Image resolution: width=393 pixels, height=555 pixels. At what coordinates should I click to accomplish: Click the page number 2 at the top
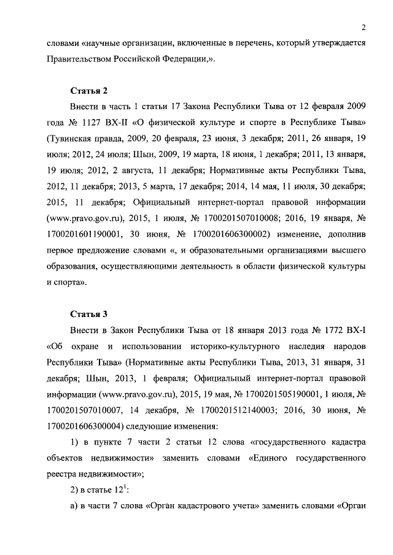[364, 26]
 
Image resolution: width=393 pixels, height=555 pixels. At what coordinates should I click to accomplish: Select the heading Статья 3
[88, 315]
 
